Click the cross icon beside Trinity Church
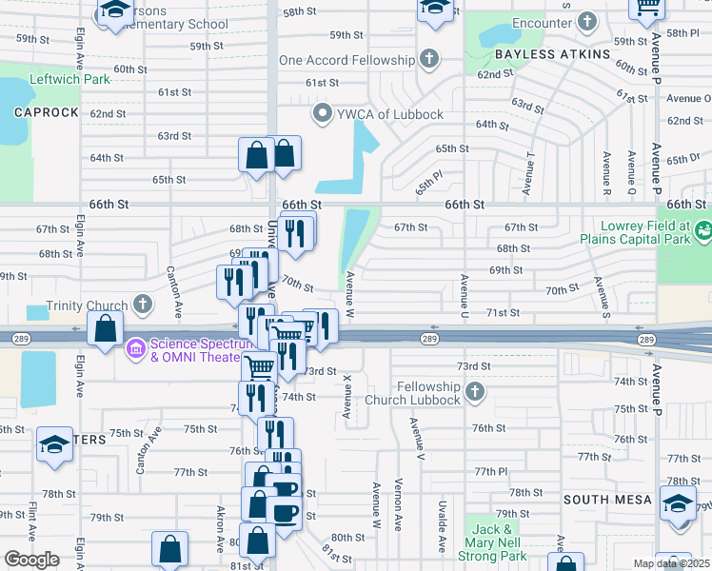tap(143, 305)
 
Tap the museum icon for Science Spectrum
tap(135, 349)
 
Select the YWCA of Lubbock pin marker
tap(323, 114)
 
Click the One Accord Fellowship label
tap(346, 60)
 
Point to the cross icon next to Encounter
tap(587, 20)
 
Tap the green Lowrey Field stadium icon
tap(703, 229)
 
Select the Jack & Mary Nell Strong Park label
tap(500, 542)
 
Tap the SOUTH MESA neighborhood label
tap(606, 500)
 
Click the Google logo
tap(31, 560)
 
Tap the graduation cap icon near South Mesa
tap(678, 503)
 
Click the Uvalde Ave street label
tap(443, 526)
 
